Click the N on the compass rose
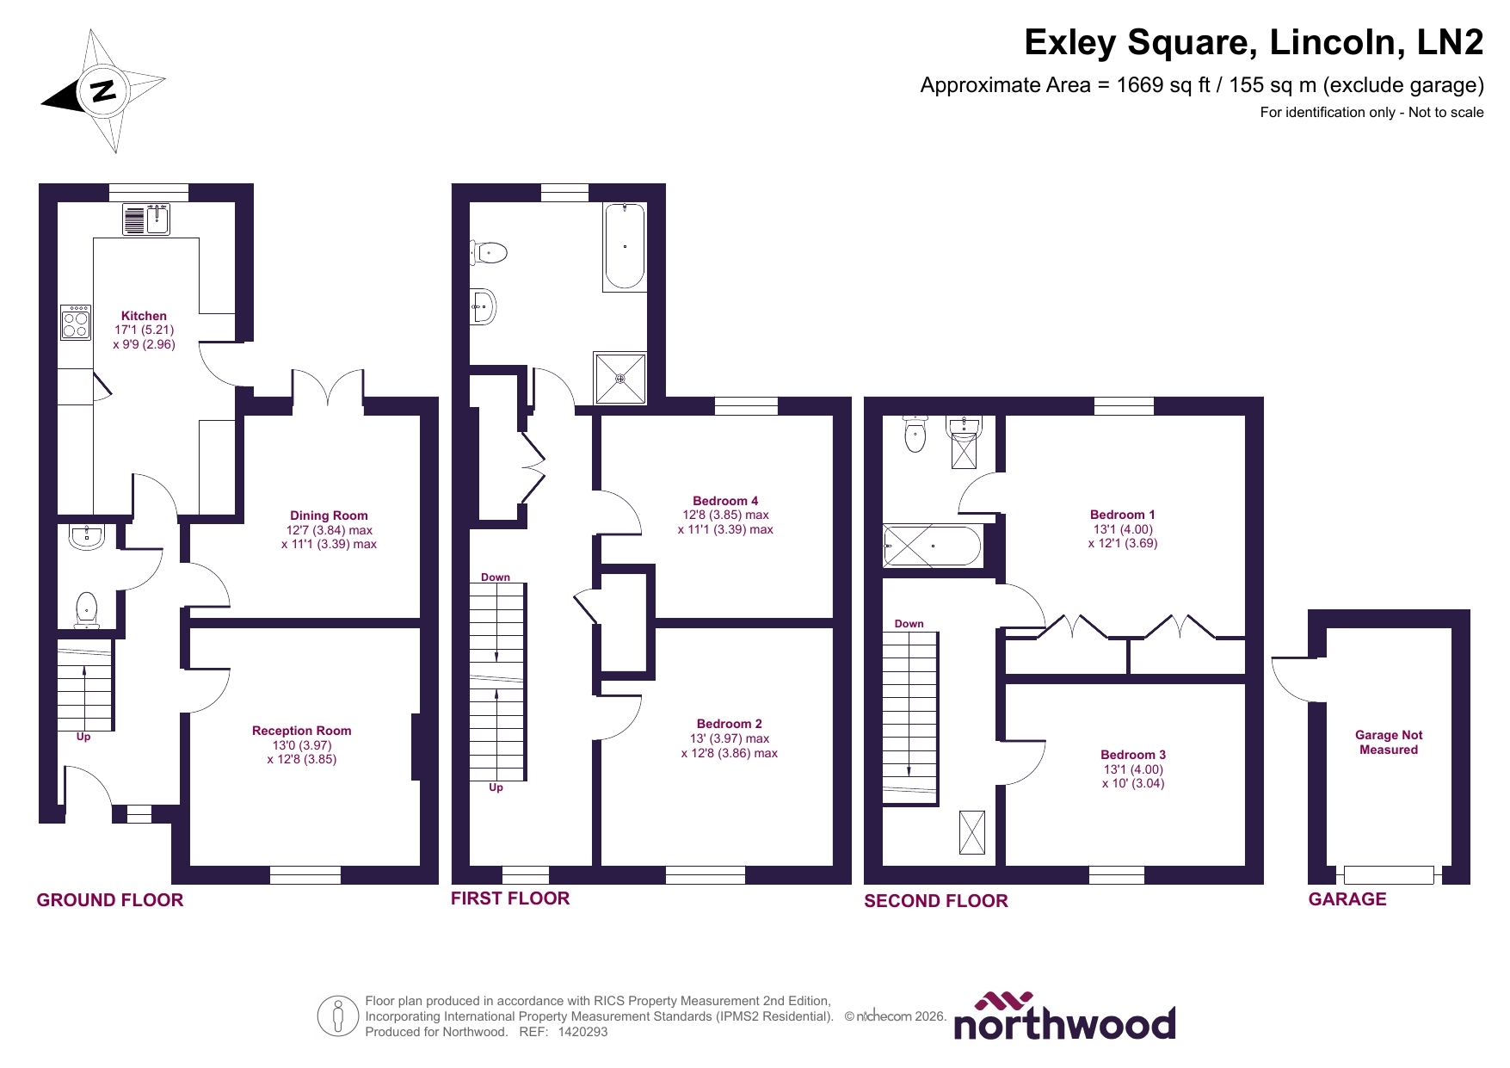click(103, 90)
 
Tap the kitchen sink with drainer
click(145, 219)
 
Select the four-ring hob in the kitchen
click(76, 322)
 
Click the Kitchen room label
click(144, 316)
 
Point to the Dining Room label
click(329, 515)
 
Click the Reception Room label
click(301, 731)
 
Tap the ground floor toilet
click(86, 608)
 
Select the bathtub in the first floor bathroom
click(625, 246)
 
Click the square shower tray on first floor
click(619, 377)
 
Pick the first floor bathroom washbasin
click(484, 306)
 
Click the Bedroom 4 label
click(725, 501)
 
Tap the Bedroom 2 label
click(729, 724)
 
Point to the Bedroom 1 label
click(1122, 515)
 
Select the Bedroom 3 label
click(1132, 755)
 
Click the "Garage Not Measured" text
click(1388, 742)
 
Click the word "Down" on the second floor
click(909, 624)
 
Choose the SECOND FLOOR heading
click(935, 901)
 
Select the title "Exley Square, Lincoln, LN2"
click(1253, 43)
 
